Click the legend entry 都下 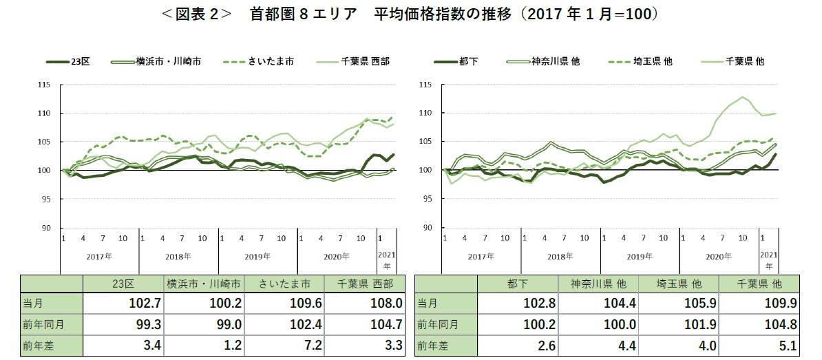tap(469, 61)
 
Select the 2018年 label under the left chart tap(179, 255)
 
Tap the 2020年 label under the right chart tap(719, 255)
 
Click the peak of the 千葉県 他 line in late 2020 tap(742, 97)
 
